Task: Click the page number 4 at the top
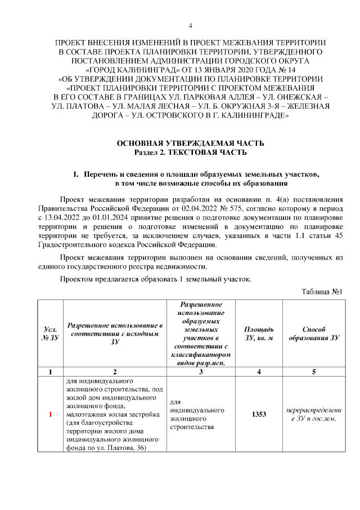(x=190, y=26)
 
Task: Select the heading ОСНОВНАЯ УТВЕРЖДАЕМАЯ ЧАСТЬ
(x=190, y=144)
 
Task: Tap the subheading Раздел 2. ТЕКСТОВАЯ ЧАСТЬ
(x=190, y=153)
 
